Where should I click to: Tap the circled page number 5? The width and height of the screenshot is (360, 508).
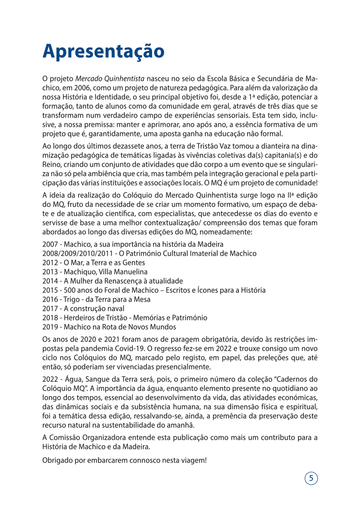point(311,478)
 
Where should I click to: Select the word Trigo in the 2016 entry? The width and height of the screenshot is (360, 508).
point(76,299)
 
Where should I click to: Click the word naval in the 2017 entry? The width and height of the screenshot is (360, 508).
point(115,308)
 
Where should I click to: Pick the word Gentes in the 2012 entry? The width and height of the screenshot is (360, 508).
point(134,262)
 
